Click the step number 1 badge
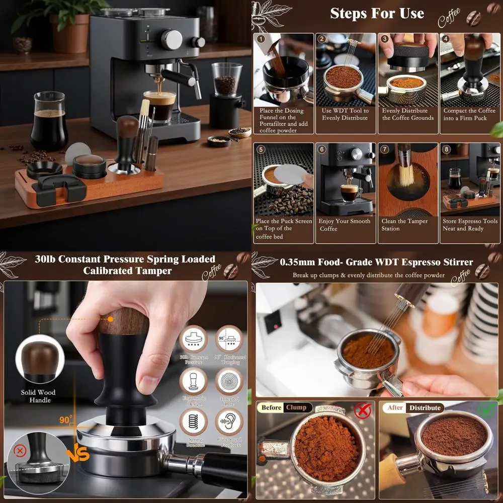[x=261, y=39]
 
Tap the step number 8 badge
[x=445, y=149]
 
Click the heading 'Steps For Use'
[x=377, y=13]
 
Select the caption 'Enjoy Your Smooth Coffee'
[x=345, y=225]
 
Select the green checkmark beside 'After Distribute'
[x=486, y=409]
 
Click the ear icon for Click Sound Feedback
[x=229, y=422]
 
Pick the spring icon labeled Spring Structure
[x=194, y=422]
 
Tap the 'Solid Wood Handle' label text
[x=38, y=396]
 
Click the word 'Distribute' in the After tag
[x=425, y=407]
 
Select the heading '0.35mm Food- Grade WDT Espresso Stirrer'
[x=376, y=262]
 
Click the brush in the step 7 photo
[x=404, y=171]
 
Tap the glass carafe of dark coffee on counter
[x=49, y=121]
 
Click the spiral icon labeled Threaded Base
[x=229, y=381]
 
